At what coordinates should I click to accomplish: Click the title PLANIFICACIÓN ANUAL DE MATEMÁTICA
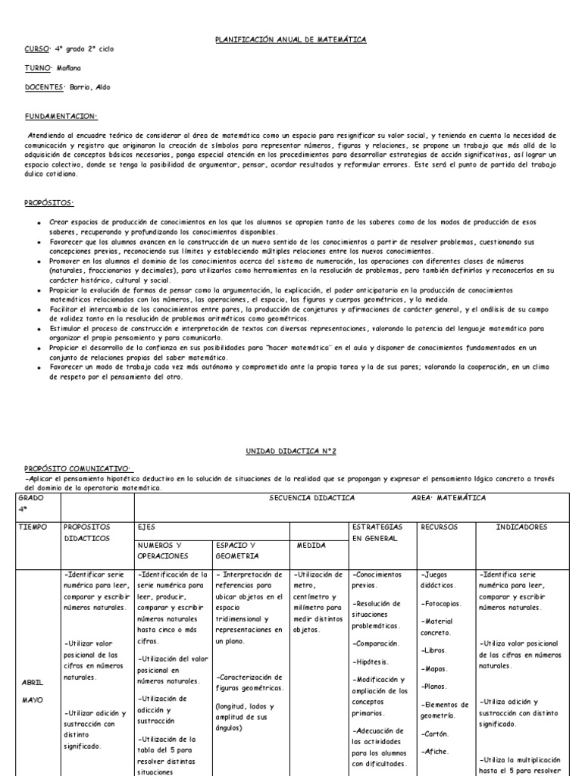point(291,39)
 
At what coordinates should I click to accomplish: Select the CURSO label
point(36,48)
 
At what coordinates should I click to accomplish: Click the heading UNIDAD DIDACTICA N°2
point(291,450)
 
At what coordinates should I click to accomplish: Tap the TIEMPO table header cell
point(35,526)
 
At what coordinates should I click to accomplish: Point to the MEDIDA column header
point(311,544)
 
